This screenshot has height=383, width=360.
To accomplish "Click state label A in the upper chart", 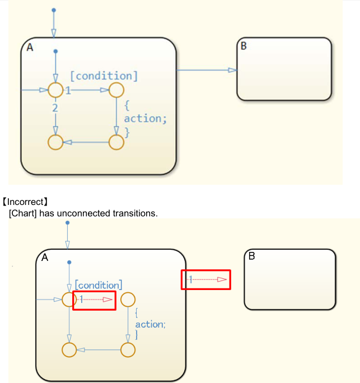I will pos(30,48).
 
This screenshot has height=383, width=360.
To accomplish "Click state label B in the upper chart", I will pos(244,46).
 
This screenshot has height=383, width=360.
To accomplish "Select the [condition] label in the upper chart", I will pos(104,76).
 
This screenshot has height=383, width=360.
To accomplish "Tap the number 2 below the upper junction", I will pos(55,108).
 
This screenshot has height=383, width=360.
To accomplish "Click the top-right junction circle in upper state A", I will pos(116,90).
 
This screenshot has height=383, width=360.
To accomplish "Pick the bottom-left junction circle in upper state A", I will pos(55,142).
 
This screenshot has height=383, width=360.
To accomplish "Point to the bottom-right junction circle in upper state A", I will pos(116,142).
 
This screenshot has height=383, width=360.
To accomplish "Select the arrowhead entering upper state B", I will pos(232,70).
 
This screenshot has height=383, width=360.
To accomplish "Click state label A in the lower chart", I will pos(45,258).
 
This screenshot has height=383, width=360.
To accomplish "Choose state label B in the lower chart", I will pos(252,256).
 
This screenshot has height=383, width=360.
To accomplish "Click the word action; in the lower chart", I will pos(151,324).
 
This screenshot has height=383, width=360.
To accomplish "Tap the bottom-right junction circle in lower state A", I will pos(128,350).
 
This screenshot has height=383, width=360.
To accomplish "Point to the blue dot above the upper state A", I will pos(54,10).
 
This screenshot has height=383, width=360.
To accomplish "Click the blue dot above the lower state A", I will pos(67,223).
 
